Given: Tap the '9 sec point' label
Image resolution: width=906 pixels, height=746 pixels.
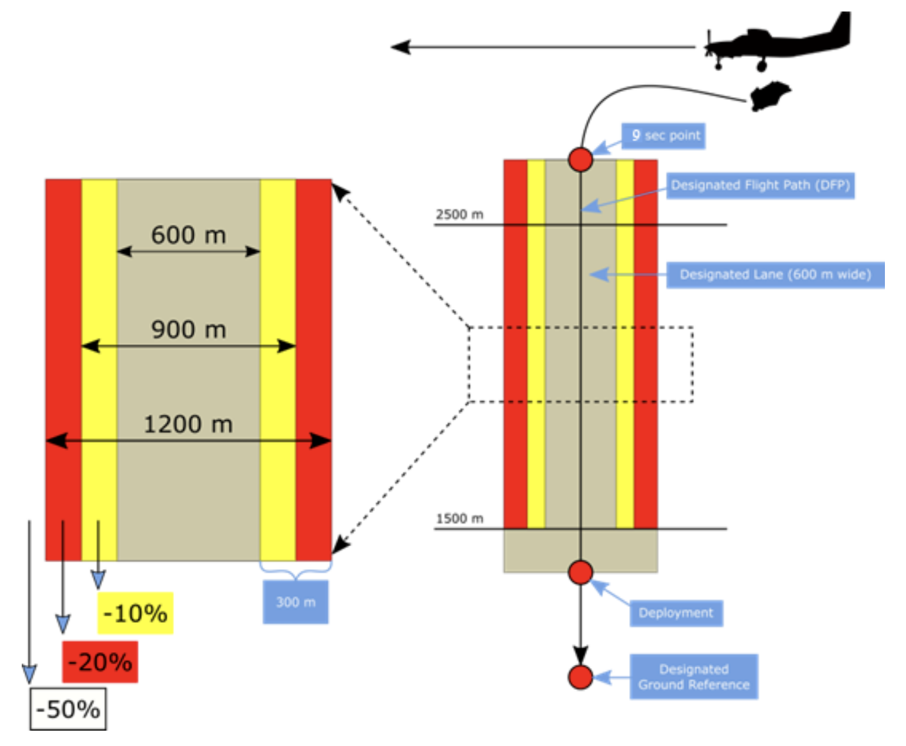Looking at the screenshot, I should coord(664,136).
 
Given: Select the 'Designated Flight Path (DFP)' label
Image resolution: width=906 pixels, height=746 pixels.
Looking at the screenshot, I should coord(760,186).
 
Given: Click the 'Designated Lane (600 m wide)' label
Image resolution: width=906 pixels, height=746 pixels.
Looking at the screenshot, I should coord(775,275).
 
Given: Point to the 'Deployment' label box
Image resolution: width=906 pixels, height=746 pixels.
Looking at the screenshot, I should coord(675,613).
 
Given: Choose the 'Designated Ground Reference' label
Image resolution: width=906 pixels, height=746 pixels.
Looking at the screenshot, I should coord(693,677).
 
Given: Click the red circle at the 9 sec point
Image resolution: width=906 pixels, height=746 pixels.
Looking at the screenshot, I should coord(580,159).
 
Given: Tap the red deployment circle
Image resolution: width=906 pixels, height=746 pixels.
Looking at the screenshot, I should coord(580,572).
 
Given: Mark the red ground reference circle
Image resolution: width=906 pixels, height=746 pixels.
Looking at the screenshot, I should coord(580,677).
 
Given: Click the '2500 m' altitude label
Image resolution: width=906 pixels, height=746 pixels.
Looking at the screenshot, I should coord(459,215).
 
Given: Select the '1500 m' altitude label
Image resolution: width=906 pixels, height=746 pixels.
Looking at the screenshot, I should coord(459,519).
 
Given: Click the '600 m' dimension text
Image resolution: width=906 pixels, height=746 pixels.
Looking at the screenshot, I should coord(188,235).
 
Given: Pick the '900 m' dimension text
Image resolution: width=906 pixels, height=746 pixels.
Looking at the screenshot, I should coord(188,330).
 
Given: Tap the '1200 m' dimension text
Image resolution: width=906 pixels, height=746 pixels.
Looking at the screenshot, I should coord(188,424).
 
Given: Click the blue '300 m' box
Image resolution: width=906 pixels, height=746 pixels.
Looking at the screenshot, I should coord(296,602).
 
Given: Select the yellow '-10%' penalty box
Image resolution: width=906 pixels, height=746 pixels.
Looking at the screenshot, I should coord(135,614).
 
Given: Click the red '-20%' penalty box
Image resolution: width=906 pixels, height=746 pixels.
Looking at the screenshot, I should coord(100,662).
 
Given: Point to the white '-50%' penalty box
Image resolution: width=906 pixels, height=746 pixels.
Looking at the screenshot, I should coord(68,709).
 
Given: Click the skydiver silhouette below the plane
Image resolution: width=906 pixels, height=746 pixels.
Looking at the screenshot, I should coord(770,96).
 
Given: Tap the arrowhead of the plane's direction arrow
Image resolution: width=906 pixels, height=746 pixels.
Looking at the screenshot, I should coord(399,47).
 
